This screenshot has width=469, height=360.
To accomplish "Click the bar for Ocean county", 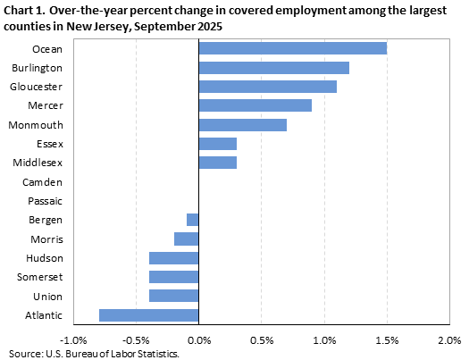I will tap(292, 48).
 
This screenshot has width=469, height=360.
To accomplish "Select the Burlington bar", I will tap(273, 68).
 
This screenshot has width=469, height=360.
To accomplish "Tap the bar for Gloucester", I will tap(267, 87).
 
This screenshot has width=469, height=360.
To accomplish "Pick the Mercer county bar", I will tap(255, 105).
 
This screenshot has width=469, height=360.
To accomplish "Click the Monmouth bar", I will tap(242, 124).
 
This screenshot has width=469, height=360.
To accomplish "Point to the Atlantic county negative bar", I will tap(148, 314).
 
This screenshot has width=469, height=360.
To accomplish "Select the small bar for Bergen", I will tap(192, 220).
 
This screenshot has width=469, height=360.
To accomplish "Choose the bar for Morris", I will tap(186, 239).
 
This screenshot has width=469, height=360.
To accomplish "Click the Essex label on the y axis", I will tap(50, 144).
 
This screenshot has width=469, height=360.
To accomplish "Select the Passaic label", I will tap(46, 201).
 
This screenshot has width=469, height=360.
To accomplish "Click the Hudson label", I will tap(45, 258).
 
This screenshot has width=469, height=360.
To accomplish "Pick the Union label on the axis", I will tap(48, 296).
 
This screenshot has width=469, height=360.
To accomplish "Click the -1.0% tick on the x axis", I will tap(73, 339).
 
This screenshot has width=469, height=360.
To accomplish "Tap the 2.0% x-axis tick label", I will tap(448, 339).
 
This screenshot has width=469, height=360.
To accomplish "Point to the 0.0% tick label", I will tap(198, 339).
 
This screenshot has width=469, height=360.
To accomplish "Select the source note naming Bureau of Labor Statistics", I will tap(94, 354).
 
